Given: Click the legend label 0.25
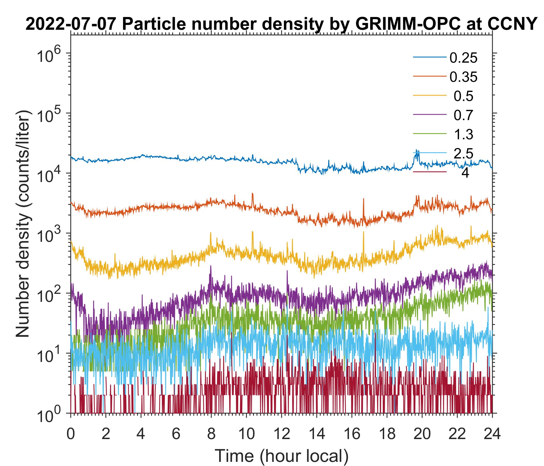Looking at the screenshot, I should click(463, 58).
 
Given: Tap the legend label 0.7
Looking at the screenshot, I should click(463, 115).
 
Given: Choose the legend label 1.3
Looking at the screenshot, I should click(463, 134).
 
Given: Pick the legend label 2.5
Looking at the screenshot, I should click(463, 154).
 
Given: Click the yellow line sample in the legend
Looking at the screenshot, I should click(430, 96).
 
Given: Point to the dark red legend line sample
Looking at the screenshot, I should click(430, 172).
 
